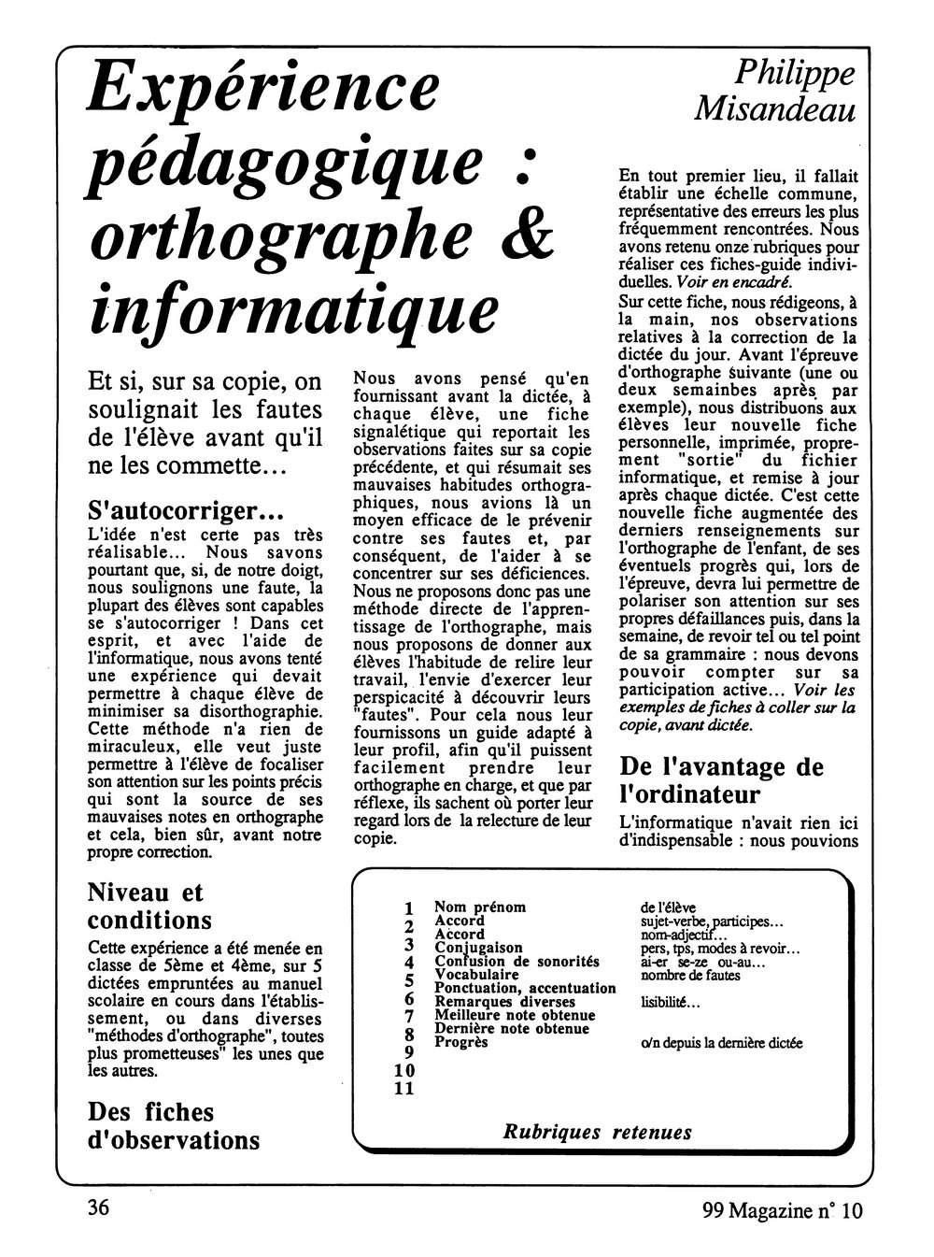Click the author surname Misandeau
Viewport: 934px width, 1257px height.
[x=776, y=110]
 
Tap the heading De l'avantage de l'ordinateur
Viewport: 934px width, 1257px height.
[x=722, y=779]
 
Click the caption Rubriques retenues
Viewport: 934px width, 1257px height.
[x=598, y=1132]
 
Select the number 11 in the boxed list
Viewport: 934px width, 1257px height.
[x=403, y=1088]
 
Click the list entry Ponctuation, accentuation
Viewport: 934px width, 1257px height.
[x=525, y=988]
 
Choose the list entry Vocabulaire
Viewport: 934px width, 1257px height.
[x=477, y=974]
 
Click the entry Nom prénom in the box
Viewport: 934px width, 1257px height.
[x=480, y=907]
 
